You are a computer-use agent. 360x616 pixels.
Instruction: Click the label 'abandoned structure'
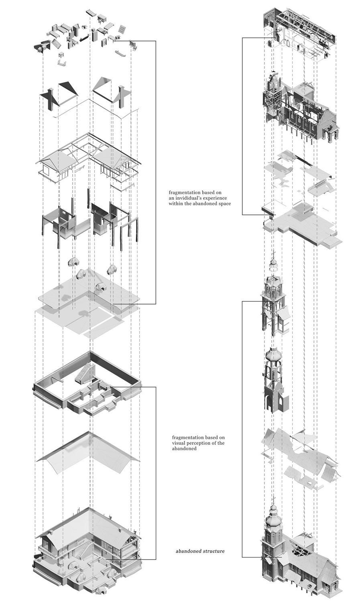(x=200, y=551)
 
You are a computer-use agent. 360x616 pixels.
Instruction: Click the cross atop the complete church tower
(x=274, y=500)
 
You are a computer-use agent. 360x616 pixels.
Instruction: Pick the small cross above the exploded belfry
(x=274, y=255)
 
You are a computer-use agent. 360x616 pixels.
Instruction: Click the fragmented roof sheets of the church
(x=301, y=453)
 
